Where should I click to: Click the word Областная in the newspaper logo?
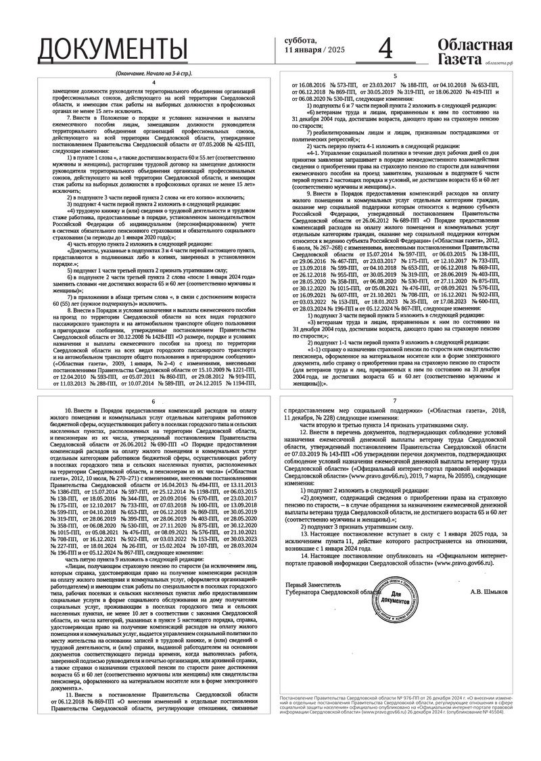click(475, 45)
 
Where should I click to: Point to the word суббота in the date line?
click(300, 41)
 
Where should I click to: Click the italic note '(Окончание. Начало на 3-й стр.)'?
click(154, 72)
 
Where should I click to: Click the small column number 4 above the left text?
click(154, 82)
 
